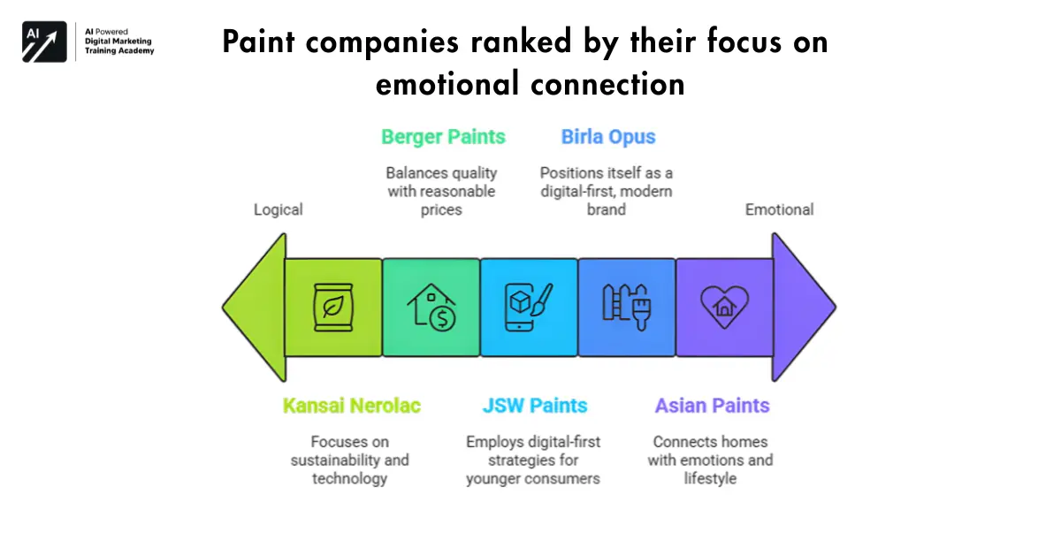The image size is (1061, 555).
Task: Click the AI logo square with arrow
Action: [x=44, y=42]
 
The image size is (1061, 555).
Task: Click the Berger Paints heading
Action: [x=443, y=137]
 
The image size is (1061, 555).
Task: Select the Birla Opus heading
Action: [x=608, y=137]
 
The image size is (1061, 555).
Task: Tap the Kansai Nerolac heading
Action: [x=352, y=406]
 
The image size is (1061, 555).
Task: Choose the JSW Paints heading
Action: [x=535, y=406]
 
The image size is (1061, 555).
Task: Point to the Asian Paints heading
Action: [x=712, y=406]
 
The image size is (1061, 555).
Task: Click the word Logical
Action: [x=278, y=209]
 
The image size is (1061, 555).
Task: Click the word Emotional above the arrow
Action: [x=779, y=209]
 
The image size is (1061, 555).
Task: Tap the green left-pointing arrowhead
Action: [x=255, y=308]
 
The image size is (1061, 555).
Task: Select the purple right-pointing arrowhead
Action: [x=804, y=308]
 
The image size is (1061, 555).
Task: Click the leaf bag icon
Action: [x=333, y=308]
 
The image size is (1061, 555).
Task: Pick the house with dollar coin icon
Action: [x=431, y=307]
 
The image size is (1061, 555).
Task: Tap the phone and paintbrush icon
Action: [x=529, y=307]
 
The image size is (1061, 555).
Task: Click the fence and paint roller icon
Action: [x=627, y=307]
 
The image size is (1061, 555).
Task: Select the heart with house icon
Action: [x=725, y=307]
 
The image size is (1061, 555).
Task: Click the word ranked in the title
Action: [x=521, y=42]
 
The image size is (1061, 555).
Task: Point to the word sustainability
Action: [x=331, y=460]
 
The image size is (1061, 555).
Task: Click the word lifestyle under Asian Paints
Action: [x=710, y=479]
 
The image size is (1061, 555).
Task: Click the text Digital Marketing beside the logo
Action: [x=118, y=42]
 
